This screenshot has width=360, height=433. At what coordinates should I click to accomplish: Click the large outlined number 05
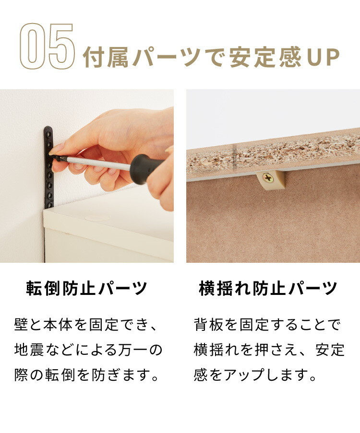click(48, 46)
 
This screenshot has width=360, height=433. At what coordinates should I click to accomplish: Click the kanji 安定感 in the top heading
click(265, 58)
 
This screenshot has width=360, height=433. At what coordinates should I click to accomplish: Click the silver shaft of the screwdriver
click(98, 163)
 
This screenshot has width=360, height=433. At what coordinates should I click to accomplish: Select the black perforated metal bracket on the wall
click(48, 167)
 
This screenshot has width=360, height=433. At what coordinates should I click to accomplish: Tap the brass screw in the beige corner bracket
click(268, 178)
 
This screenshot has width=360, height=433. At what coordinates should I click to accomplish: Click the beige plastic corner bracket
click(270, 180)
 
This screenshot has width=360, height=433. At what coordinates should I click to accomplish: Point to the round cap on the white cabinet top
click(97, 218)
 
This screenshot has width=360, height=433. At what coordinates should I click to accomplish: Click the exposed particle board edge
click(273, 154)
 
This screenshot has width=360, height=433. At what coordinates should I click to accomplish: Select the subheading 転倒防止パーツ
click(87, 289)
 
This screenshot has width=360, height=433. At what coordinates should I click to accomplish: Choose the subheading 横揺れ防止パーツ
click(268, 289)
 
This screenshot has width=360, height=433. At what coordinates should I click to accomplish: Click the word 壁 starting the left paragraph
click(21, 325)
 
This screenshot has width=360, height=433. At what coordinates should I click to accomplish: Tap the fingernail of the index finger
click(57, 148)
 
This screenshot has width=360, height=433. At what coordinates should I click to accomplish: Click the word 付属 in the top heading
click(106, 58)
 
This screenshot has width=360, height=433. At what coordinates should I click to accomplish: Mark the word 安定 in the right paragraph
click(330, 350)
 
